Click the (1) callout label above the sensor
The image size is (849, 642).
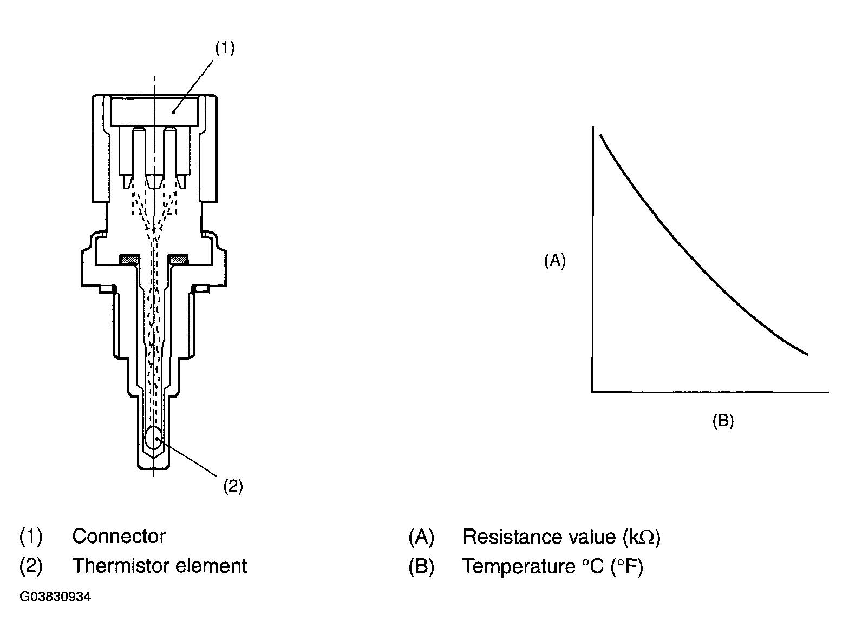[225, 48]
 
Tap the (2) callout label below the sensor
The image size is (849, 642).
[233, 486]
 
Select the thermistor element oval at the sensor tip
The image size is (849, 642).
[154, 438]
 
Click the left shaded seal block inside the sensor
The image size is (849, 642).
[129, 261]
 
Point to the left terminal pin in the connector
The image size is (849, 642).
[139, 154]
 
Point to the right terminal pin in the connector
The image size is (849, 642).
[170, 154]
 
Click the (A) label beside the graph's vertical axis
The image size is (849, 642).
[554, 261]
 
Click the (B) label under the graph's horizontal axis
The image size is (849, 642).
[723, 421]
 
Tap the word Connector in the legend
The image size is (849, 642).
[119, 536]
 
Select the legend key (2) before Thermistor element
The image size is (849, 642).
[31, 566]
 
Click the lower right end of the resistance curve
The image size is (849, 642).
[806, 354]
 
